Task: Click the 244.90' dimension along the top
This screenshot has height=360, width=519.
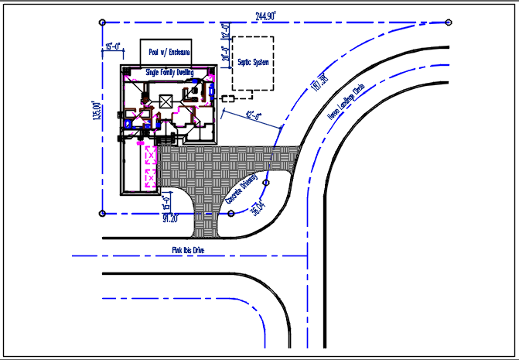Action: tap(265, 15)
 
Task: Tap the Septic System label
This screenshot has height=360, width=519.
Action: tap(253, 63)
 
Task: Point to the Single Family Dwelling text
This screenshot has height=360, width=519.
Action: tap(169, 71)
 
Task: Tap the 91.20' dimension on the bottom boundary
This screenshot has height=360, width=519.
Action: tap(170, 218)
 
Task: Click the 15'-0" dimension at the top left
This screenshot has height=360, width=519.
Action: tap(112, 47)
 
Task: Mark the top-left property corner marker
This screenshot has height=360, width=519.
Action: tap(103, 22)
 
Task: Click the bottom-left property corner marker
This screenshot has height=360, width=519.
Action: tap(103, 213)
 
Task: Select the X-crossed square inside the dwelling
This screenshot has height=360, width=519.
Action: tap(165, 101)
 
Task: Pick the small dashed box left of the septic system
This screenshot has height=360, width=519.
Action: tap(227, 99)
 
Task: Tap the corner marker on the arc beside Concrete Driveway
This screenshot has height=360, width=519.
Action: tap(266, 183)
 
